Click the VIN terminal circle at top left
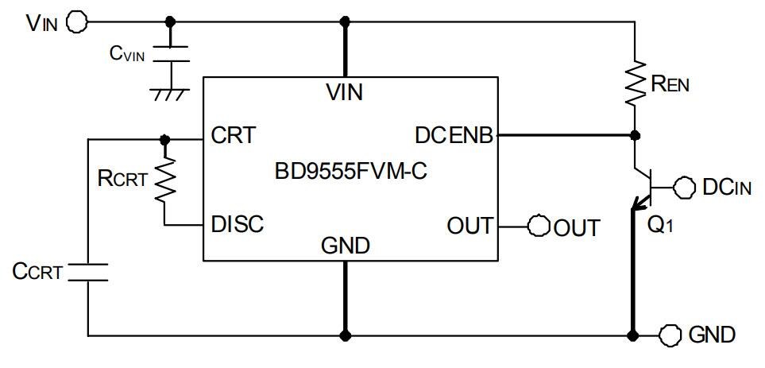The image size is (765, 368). click(77, 21)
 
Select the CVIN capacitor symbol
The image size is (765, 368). click(171, 54)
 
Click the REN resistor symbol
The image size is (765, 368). click(634, 83)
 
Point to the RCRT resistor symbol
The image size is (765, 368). click(164, 180)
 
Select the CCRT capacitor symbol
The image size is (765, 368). click(87, 271)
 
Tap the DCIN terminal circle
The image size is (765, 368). click(683, 187)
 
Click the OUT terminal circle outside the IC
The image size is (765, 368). click(540, 226)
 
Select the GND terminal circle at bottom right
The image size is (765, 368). click(670, 334)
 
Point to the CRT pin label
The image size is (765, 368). click(234, 136)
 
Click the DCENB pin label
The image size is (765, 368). click(453, 136)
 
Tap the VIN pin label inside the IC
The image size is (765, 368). click(345, 92)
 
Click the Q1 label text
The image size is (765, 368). click(660, 224)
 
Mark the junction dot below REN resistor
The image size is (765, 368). click(634, 136)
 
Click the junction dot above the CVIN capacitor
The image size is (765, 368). click(171, 21)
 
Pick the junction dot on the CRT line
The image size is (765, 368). click(164, 138)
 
